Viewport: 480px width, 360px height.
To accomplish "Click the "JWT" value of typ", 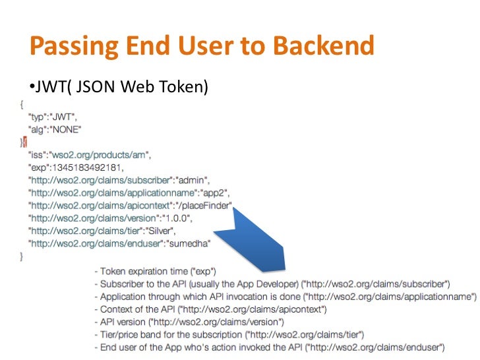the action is click(x=66, y=116).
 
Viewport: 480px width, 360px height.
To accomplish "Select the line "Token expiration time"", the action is click(x=159, y=271).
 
